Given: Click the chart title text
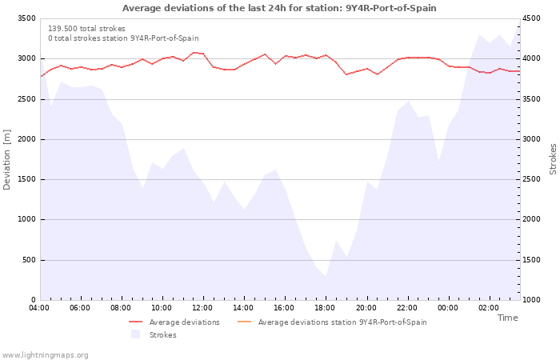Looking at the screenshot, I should click(279, 8).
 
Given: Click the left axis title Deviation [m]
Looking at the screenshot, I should click(7, 159).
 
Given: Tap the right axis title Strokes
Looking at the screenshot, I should click(553, 159).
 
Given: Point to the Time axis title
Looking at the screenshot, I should click(507, 318).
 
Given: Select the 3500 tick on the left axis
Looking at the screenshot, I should click(26, 18).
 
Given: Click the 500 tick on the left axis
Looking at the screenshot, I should click(29, 260).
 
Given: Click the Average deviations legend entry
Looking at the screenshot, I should click(184, 322).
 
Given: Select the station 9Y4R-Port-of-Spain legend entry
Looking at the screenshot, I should click(342, 322).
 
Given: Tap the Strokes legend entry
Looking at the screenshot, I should click(162, 335).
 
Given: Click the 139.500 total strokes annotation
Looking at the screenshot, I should click(86, 28).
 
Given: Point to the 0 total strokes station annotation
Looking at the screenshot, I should click(123, 38).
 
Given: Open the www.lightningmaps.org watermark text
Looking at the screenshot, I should click(46, 355).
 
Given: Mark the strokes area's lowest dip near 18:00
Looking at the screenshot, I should click(326, 277).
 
